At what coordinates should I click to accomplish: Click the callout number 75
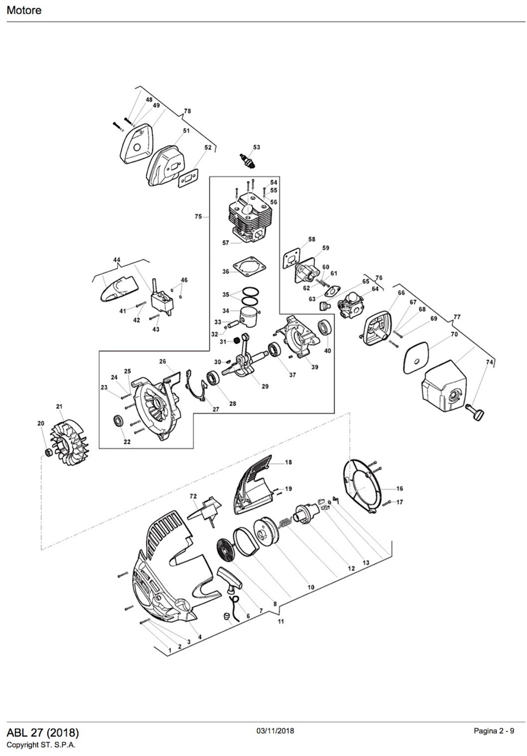(198, 217)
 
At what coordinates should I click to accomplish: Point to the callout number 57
(225, 243)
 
